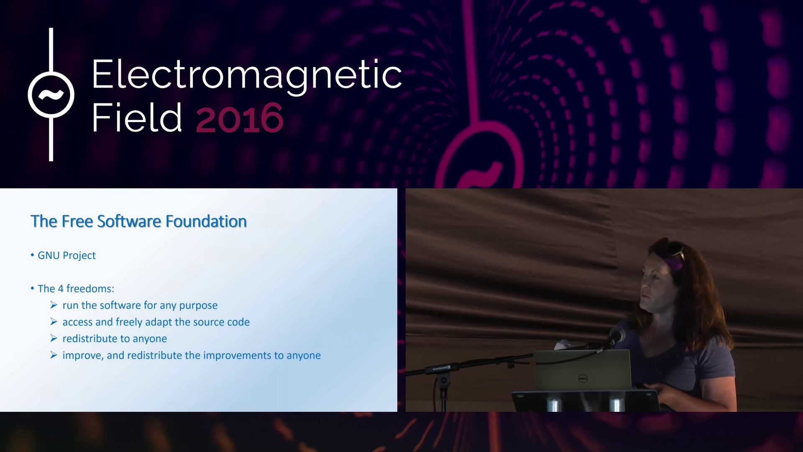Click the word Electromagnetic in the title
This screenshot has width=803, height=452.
pos(247,75)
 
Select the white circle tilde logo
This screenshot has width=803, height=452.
pos(51,95)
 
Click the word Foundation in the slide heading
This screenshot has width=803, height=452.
pos(206,221)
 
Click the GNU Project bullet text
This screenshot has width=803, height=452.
pos(67,255)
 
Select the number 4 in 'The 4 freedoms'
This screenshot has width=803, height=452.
pos(61,289)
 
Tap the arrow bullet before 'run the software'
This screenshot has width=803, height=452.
pos(54,305)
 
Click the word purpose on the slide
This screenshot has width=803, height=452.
pos(198,306)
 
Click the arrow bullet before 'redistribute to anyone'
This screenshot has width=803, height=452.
pos(54,338)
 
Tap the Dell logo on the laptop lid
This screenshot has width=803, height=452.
pos(583,379)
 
